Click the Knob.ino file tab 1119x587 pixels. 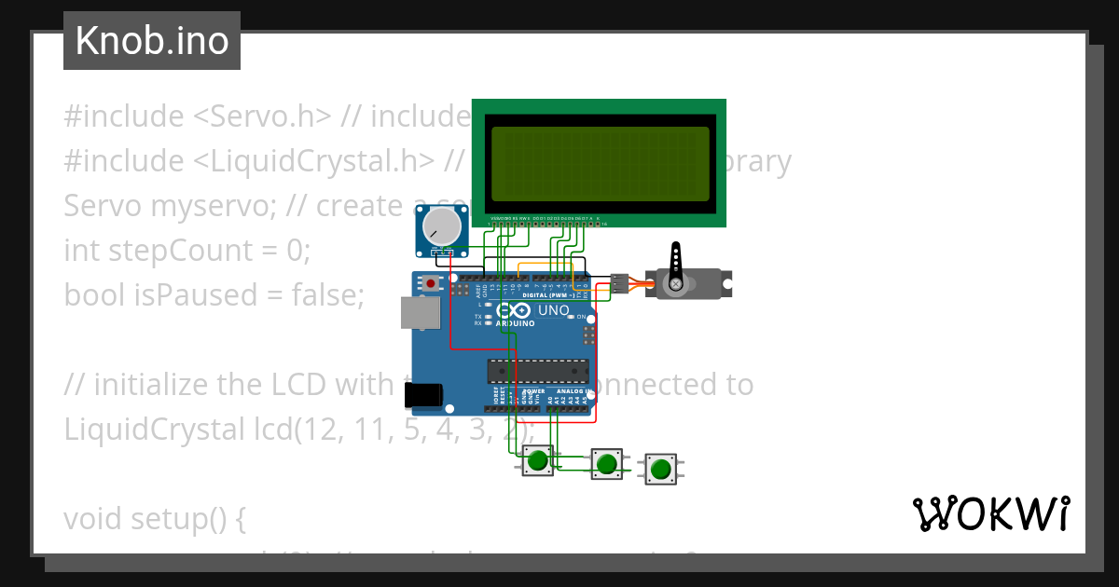(152, 41)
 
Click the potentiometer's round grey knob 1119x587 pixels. (441, 225)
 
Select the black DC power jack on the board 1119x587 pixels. (421, 396)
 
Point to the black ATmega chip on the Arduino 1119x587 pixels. (537, 371)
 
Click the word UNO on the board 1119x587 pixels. (554, 310)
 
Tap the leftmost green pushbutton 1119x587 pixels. (536, 460)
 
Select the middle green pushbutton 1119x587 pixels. (607, 463)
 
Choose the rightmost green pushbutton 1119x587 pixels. (661, 469)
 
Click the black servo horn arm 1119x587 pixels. (676, 264)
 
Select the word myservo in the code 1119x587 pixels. (200, 206)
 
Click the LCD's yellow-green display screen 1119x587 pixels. (600, 164)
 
